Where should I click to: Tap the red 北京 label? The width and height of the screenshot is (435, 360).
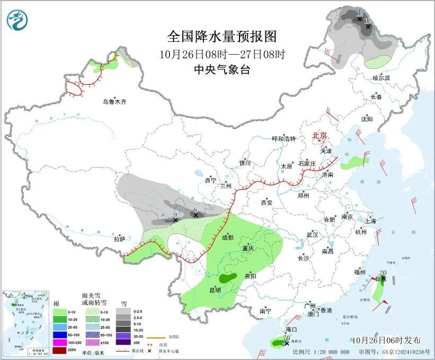coord(320,135)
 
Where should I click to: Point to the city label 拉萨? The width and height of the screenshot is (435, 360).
coord(119,239)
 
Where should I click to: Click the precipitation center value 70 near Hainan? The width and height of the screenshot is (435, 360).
coord(286,338)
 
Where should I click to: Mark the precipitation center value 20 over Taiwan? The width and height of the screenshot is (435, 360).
coord(383,273)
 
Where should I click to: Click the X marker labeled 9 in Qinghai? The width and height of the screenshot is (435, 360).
coord(175,219)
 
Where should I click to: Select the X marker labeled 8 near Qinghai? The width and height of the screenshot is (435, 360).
coord(196,215)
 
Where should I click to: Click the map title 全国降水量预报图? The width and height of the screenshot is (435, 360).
coord(222,37)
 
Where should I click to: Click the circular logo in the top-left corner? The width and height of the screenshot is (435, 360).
coord(17,21)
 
